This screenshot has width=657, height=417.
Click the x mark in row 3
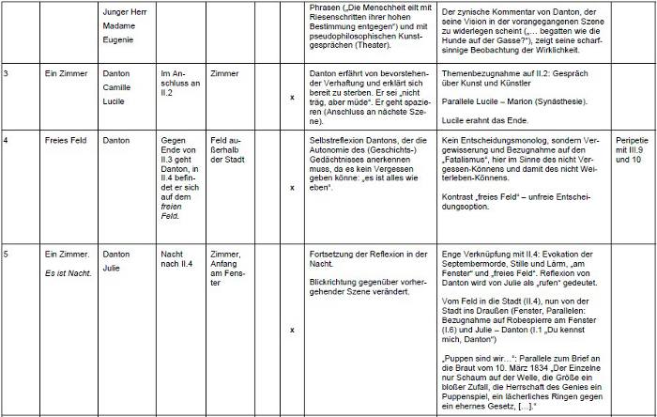[292, 98]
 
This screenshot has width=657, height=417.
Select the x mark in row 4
[292, 187]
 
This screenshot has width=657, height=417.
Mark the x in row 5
[292, 330]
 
